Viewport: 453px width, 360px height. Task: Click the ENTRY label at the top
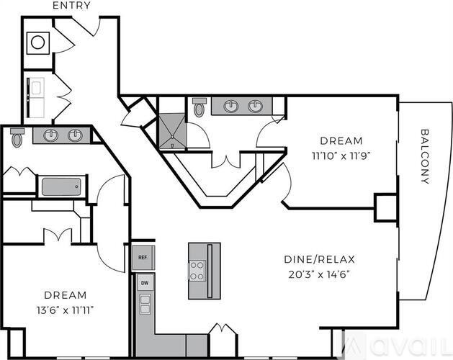click(72, 6)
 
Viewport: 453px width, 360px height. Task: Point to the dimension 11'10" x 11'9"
click(341, 154)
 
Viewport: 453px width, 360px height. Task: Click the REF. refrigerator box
click(143, 257)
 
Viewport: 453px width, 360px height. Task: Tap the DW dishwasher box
click(144, 284)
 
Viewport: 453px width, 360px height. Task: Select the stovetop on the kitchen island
click(197, 270)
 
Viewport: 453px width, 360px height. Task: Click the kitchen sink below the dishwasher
click(145, 305)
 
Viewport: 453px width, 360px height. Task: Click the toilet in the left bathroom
click(18, 136)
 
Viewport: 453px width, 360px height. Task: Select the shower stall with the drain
click(173, 132)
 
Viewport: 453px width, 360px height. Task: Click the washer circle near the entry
click(37, 42)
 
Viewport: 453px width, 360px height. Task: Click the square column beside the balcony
click(385, 207)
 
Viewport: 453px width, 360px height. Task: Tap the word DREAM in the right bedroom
click(341, 140)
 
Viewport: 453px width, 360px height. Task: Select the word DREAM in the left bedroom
click(65, 295)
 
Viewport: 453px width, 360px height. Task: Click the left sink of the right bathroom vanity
click(230, 107)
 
